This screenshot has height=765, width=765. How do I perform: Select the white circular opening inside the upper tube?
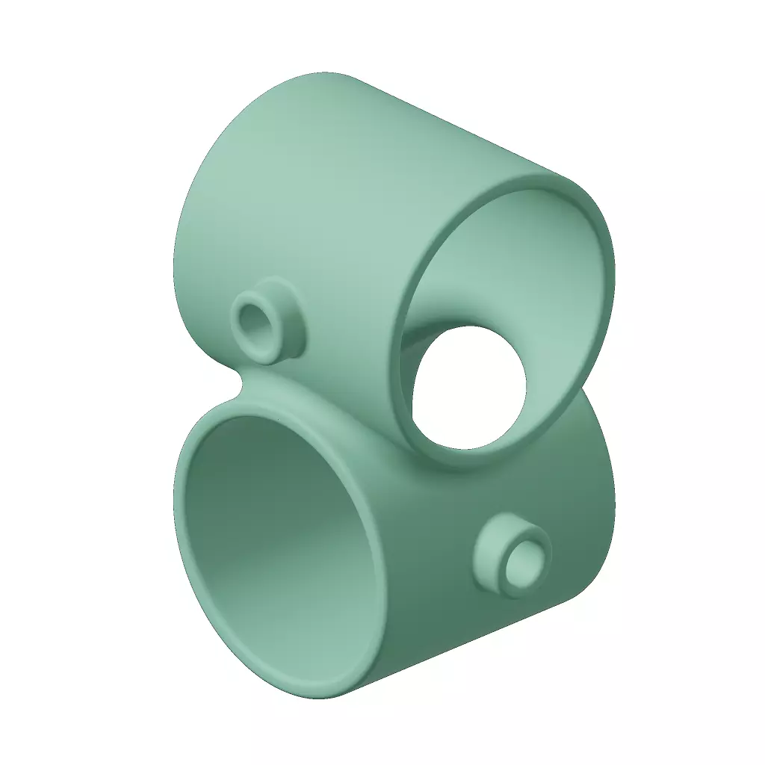[469, 388]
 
